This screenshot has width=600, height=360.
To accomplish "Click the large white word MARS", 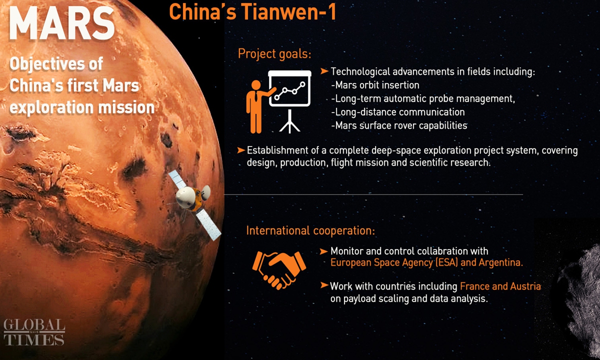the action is (62, 23).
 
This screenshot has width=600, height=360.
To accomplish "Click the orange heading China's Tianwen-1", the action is (253, 12).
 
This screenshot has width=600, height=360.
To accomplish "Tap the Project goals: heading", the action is (274, 54).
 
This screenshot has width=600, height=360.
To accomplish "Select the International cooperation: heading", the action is (310, 230).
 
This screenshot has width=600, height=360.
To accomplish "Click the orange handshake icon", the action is (279, 269).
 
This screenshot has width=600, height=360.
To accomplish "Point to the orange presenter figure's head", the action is (256, 85).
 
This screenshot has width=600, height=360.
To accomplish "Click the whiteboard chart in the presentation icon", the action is (289, 88).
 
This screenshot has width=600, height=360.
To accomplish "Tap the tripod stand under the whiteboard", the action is (289, 121).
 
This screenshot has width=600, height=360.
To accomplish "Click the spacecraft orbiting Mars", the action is (195, 205).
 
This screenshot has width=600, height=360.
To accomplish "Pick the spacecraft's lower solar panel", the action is (208, 224).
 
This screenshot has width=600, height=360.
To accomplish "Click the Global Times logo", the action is (34, 331).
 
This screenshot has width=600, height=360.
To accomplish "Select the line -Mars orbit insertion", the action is (375, 85).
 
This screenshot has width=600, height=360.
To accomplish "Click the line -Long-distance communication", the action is (398, 112).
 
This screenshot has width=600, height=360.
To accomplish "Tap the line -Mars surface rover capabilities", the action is (399, 125).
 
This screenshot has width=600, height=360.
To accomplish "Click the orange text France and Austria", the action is (500, 286).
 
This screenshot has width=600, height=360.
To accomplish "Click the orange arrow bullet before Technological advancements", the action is (324, 71).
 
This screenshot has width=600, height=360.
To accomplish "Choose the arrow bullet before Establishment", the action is (241, 150).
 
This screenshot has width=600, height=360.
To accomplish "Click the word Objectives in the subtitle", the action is (47, 64).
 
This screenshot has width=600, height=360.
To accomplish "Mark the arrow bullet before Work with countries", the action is (324, 285).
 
